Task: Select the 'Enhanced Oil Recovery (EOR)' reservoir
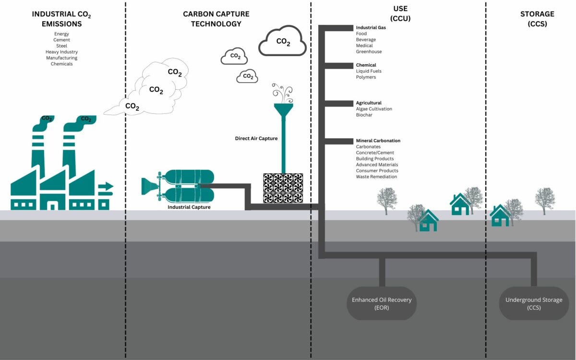click(382, 303)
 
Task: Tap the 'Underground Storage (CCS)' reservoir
click(534, 303)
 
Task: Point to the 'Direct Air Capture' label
click(256, 139)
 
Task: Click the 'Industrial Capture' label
click(189, 207)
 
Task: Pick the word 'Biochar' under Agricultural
click(364, 115)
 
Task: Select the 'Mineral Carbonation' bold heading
click(378, 141)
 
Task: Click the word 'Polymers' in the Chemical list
click(366, 77)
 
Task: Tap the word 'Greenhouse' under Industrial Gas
click(369, 52)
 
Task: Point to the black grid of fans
click(283, 188)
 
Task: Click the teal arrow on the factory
click(105, 187)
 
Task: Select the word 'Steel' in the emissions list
click(61, 46)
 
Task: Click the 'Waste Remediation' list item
click(376, 177)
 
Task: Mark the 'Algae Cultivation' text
click(374, 109)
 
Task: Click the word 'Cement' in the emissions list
click(61, 40)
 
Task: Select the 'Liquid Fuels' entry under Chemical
click(369, 71)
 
